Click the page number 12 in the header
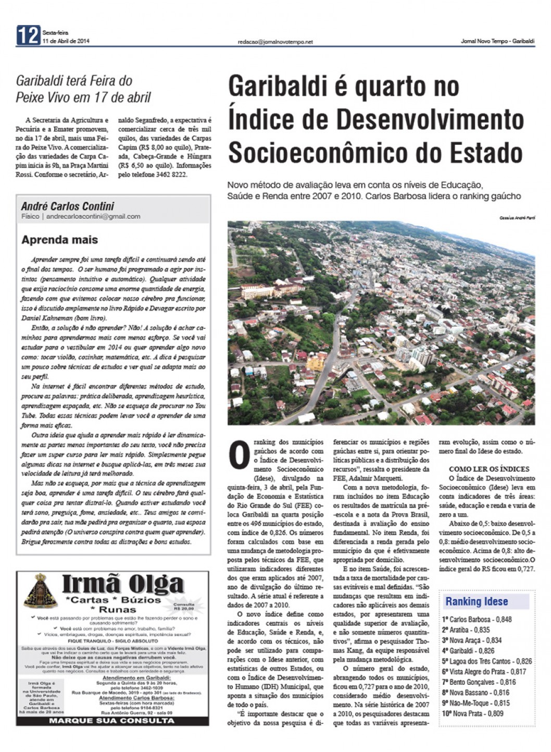[x=28, y=35]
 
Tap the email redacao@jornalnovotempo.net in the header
[x=275, y=42]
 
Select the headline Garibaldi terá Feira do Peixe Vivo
[x=83, y=89]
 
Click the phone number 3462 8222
[x=171, y=175]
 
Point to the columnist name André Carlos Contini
[x=68, y=206]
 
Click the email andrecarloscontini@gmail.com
[x=93, y=216]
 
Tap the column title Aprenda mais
[x=59, y=240]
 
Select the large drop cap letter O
[x=239, y=454]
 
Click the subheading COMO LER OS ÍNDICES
[x=489, y=469]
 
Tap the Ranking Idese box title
[x=476, y=601]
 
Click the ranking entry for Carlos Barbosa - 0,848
[x=477, y=620]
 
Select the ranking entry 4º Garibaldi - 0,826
[x=468, y=651]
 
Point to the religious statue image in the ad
[x=37, y=591]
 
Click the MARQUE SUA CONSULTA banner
[x=112, y=720]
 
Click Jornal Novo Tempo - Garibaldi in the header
[x=497, y=42]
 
